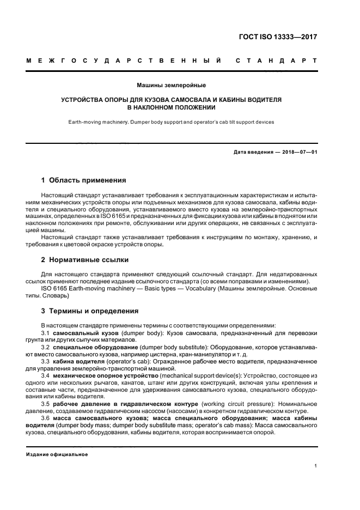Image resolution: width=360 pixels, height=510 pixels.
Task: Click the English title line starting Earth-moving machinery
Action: click(x=172, y=122)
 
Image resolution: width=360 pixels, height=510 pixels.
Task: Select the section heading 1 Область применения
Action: click(x=84, y=179)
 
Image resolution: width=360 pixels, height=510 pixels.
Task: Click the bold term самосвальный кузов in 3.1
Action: click(x=80, y=332)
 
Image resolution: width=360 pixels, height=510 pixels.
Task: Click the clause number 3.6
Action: click(x=46, y=418)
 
